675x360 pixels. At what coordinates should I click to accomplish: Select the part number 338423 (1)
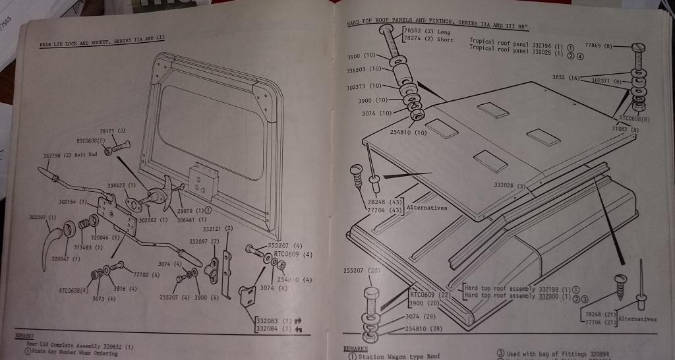123,186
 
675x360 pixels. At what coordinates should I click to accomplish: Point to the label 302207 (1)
43,216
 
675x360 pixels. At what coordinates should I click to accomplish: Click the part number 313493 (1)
88,247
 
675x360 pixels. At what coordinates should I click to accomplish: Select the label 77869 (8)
599,46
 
